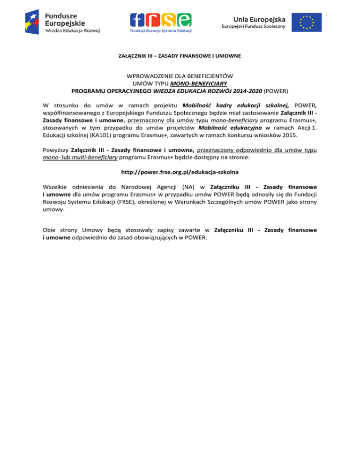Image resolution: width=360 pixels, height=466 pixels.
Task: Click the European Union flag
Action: [x=307, y=22]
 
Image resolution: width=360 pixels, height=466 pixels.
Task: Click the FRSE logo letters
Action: [x=161, y=19]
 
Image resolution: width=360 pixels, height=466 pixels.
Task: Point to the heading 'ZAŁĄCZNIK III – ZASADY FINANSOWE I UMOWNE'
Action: [x=180, y=56]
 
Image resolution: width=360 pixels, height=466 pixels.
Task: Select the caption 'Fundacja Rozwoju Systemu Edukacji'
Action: [x=161, y=31]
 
